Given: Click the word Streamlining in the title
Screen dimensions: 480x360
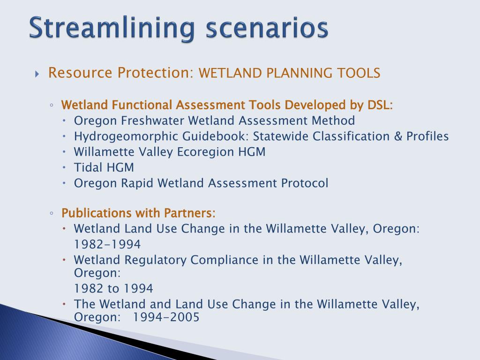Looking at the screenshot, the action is [112, 28].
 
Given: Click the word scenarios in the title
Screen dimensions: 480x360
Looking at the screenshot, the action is [267, 28].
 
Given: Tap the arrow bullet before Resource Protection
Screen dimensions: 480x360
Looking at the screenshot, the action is [37, 74].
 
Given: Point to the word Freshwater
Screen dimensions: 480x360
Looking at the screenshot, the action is [153, 120].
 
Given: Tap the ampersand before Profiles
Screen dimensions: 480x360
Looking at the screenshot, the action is [398, 136].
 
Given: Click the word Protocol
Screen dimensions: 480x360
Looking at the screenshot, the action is [305, 183].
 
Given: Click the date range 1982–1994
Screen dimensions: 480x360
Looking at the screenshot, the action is [107, 244].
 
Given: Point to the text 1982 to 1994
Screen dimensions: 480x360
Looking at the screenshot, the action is [113, 288].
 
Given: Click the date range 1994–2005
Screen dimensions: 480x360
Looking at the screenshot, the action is [166, 317].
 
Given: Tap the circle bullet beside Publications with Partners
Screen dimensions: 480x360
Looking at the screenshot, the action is [52, 213].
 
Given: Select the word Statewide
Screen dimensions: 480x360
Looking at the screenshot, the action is [280, 136].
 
